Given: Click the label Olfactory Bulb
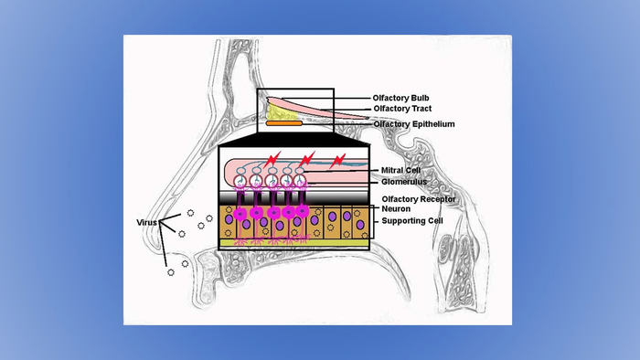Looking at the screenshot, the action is click(400, 98).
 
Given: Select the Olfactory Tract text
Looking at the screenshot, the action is click(402, 109).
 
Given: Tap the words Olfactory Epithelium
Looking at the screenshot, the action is click(414, 124).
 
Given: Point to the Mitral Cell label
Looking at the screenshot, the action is click(400, 170).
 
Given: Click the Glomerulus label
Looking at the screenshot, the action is click(404, 182).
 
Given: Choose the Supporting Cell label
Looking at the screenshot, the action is click(412, 220).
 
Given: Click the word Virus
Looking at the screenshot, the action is click(146, 223).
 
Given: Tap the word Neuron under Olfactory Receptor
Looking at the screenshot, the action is click(396, 208).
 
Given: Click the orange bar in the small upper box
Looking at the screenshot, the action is click(284, 123).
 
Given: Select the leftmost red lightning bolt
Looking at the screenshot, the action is click(272, 159).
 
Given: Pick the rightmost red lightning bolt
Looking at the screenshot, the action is click(337, 161).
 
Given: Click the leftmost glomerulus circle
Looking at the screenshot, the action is click(240, 181).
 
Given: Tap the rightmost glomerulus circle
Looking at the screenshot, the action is click(300, 180).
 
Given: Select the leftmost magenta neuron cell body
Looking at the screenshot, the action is click(240, 214).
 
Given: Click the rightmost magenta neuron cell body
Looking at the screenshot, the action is click(302, 211).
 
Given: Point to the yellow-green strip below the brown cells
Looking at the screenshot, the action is click(293, 242).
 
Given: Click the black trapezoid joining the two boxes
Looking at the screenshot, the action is click(293, 139).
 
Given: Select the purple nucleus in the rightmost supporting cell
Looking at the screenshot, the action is click(360, 225).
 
